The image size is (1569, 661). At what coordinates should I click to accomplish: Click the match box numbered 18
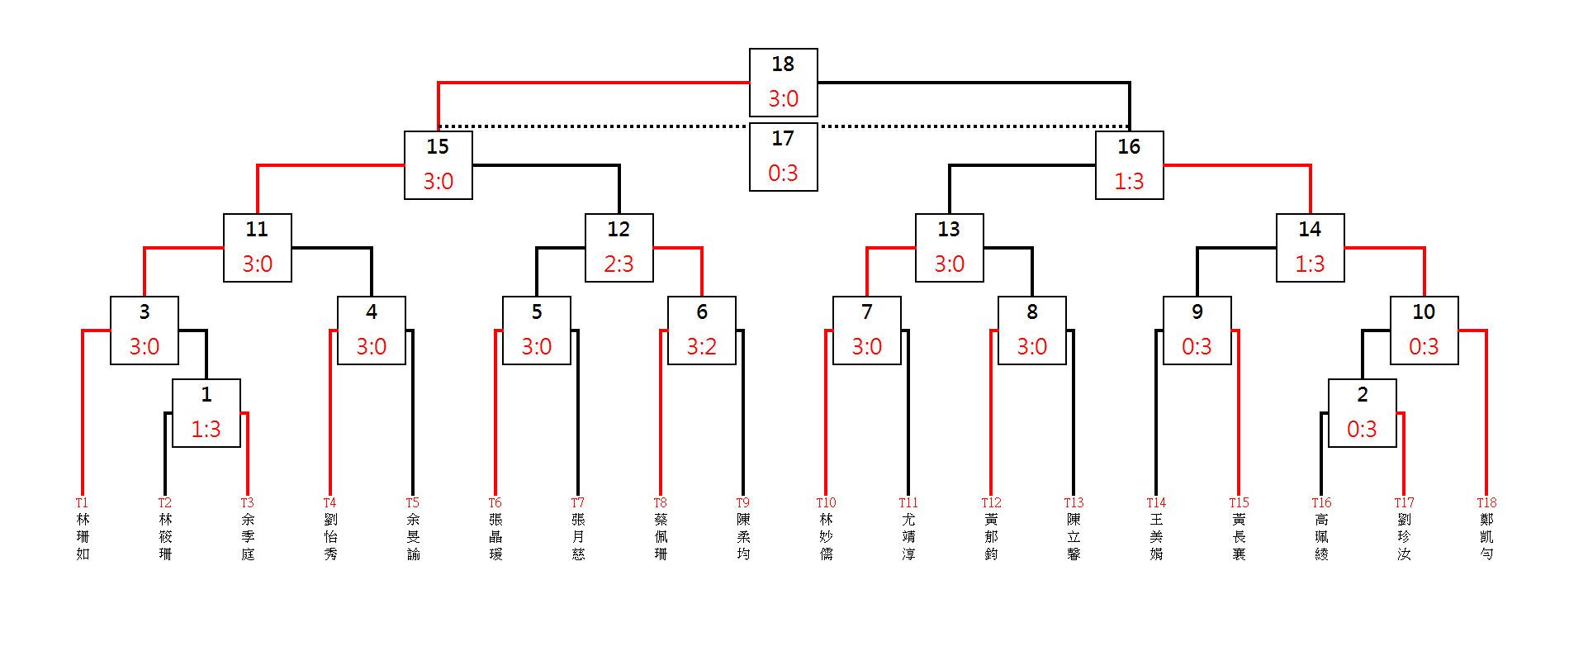(783, 82)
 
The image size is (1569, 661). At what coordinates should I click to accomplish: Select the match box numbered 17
(783, 156)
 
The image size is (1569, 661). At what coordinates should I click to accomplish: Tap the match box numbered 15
(438, 164)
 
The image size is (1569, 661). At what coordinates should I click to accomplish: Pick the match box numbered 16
(1129, 164)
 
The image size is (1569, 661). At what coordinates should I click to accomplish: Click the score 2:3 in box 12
(619, 264)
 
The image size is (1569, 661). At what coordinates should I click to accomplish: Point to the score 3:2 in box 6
(701, 346)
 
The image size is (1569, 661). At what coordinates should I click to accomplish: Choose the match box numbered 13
(949, 247)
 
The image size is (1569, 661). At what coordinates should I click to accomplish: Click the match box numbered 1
(206, 412)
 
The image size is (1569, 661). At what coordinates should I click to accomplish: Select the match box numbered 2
(1362, 412)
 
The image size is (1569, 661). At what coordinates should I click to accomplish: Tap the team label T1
(82, 502)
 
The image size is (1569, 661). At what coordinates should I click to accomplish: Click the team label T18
(1486, 502)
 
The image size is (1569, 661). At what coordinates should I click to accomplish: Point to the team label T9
(743, 502)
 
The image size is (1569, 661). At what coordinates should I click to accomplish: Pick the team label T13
(1074, 502)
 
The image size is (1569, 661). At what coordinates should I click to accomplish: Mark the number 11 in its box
(257, 229)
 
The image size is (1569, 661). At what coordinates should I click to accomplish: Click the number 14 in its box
(1310, 229)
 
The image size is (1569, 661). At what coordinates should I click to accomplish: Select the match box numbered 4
(371, 330)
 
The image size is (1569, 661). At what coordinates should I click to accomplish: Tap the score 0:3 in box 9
(1197, 346)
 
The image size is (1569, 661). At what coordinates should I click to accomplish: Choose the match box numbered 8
(1031, 330)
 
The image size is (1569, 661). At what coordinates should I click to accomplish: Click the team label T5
(413, 502)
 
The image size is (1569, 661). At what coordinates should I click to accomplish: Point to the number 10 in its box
(1424, 311)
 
